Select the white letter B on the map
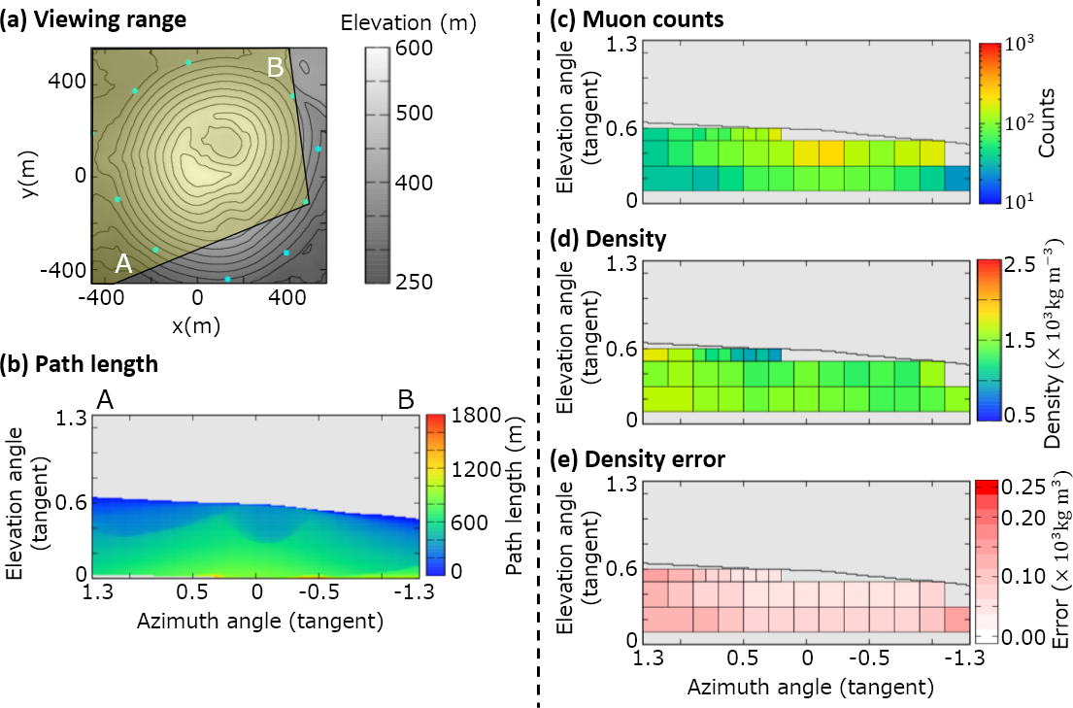click(276, 68)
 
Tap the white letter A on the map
click(123, 263)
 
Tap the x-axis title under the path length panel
click(256, 619)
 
